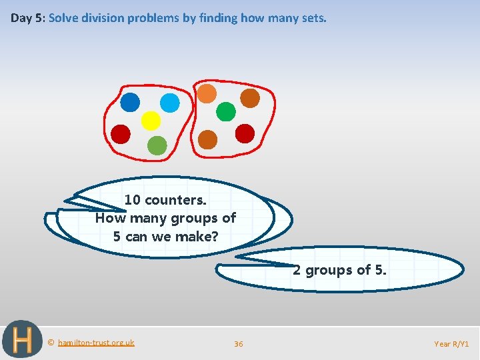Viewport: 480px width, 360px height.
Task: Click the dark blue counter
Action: [130, 102]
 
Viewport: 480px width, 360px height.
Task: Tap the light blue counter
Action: [170, 103]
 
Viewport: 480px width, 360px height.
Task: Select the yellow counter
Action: [151, 121]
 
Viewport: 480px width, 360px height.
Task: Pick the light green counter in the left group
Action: [157, 145]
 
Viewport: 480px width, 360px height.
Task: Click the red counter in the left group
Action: [121, 134]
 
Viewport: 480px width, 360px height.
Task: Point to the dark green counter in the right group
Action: [226, 111]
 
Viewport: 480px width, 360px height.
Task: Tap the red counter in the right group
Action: [245, 133]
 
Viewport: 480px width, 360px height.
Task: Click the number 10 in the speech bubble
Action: [133, 200]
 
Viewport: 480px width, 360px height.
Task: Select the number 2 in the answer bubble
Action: [297, 270]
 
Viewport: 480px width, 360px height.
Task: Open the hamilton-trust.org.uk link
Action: [96, 343]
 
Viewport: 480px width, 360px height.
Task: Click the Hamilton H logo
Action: [21, 341]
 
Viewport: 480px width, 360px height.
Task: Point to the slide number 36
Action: [238, 344]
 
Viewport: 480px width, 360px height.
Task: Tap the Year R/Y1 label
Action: [451, 344]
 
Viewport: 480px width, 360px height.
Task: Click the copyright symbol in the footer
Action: [51, 343]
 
